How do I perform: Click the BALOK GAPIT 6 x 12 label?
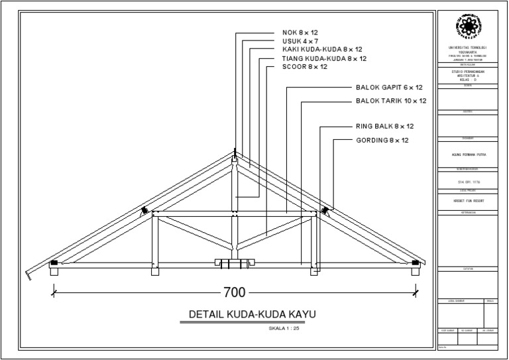(x=389, y=88)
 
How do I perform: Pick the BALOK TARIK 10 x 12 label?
(x=391, y=101)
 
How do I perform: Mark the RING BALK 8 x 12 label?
(x=384, y=126)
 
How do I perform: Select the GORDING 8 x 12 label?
(x=382, y=140)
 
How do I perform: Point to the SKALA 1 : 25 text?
(x=284, y=328)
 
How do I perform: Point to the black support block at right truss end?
(x=416, y=263)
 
